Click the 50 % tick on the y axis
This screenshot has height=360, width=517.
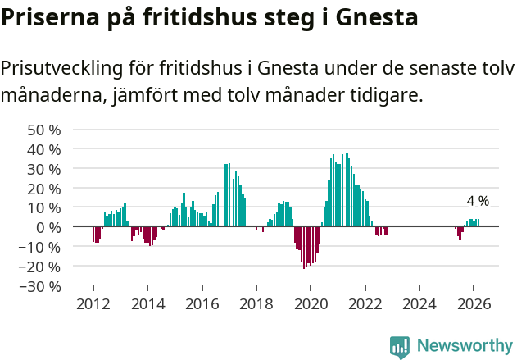44,130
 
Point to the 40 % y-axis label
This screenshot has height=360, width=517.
44,149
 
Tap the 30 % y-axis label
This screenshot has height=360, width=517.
44,169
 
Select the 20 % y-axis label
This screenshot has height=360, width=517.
44,189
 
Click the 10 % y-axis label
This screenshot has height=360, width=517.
44,208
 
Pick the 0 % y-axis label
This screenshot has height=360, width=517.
48,227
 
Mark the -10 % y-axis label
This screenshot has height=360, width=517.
40,247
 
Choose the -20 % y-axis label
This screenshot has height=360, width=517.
40,267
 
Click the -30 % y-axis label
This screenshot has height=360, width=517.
40,286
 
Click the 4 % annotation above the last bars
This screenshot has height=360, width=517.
478,201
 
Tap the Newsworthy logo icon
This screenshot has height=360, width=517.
400,346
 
